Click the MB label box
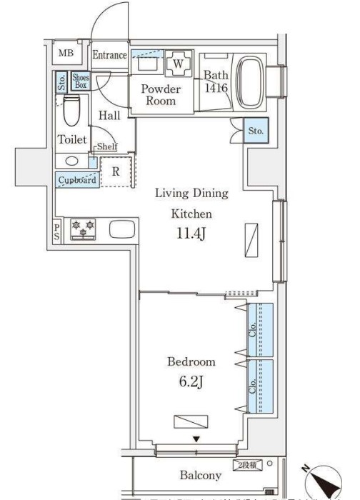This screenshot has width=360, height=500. [x=65, y=54]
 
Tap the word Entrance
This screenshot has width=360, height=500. [x=109, y=55]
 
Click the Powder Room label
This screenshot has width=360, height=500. [x=160, y=95]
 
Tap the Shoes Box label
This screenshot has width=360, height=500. [x=80, y=81]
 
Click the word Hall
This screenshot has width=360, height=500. [x=109, y=114]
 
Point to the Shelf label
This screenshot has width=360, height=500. [x=108, y=146]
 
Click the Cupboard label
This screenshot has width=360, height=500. [x=76, y=180]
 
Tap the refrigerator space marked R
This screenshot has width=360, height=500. [x=115, y=171]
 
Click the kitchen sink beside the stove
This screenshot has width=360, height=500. [x=122, y=230]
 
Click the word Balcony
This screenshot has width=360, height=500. [x=199, y=475]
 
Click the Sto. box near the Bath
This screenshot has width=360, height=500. [x=256, y=131]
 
